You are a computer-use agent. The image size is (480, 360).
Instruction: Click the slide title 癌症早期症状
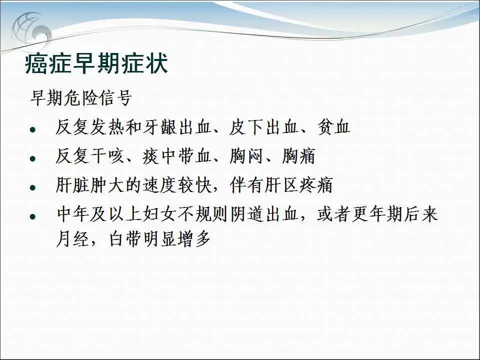(x=96, y=63)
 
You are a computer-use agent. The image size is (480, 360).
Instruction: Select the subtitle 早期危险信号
(x=81, y=98)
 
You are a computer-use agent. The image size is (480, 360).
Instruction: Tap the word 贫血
(x=333, y=127)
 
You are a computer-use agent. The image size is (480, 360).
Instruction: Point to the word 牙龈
(x=160, y=127)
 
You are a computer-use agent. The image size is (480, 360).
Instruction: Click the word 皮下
(x=246, y=127)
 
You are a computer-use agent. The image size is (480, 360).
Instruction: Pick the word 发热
(x=107, y=127)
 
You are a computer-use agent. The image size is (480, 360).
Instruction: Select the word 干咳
(x=107, y=156)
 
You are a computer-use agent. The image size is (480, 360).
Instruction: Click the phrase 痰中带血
(x=177, y=156)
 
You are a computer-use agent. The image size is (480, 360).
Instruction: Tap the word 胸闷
(x=246, y=156)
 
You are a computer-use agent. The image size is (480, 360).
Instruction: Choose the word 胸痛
(x=298, y=156)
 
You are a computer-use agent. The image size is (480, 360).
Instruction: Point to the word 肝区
(x=281, y=185)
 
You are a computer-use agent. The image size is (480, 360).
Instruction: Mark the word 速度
(x=160, y=185)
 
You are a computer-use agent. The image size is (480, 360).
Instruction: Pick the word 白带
(x=125, y=239)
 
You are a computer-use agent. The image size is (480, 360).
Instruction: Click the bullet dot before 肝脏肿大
(x=33, y=187)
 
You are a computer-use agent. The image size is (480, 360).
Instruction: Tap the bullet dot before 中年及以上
(x=33, y=216)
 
